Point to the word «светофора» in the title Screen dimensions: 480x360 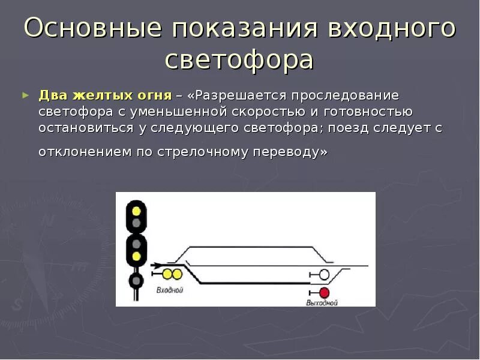pyautogui.click(x=239, y=60)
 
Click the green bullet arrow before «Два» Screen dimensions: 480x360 pyautogui.click(x=25, y=95)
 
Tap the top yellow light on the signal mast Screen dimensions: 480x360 pyautogui.click(x=136, y=211)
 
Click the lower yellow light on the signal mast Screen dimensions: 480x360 pyautogui.click(x=136, y=256)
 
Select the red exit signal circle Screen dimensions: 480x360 pyautogui.click(x=324, y=293)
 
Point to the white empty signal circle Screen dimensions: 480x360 pyautogui.click(x=324, y=275)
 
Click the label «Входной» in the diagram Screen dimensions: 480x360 pyautogui.click(x=169, y=290)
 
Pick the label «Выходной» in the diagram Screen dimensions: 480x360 pyautogui.click(x=322, y=303)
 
